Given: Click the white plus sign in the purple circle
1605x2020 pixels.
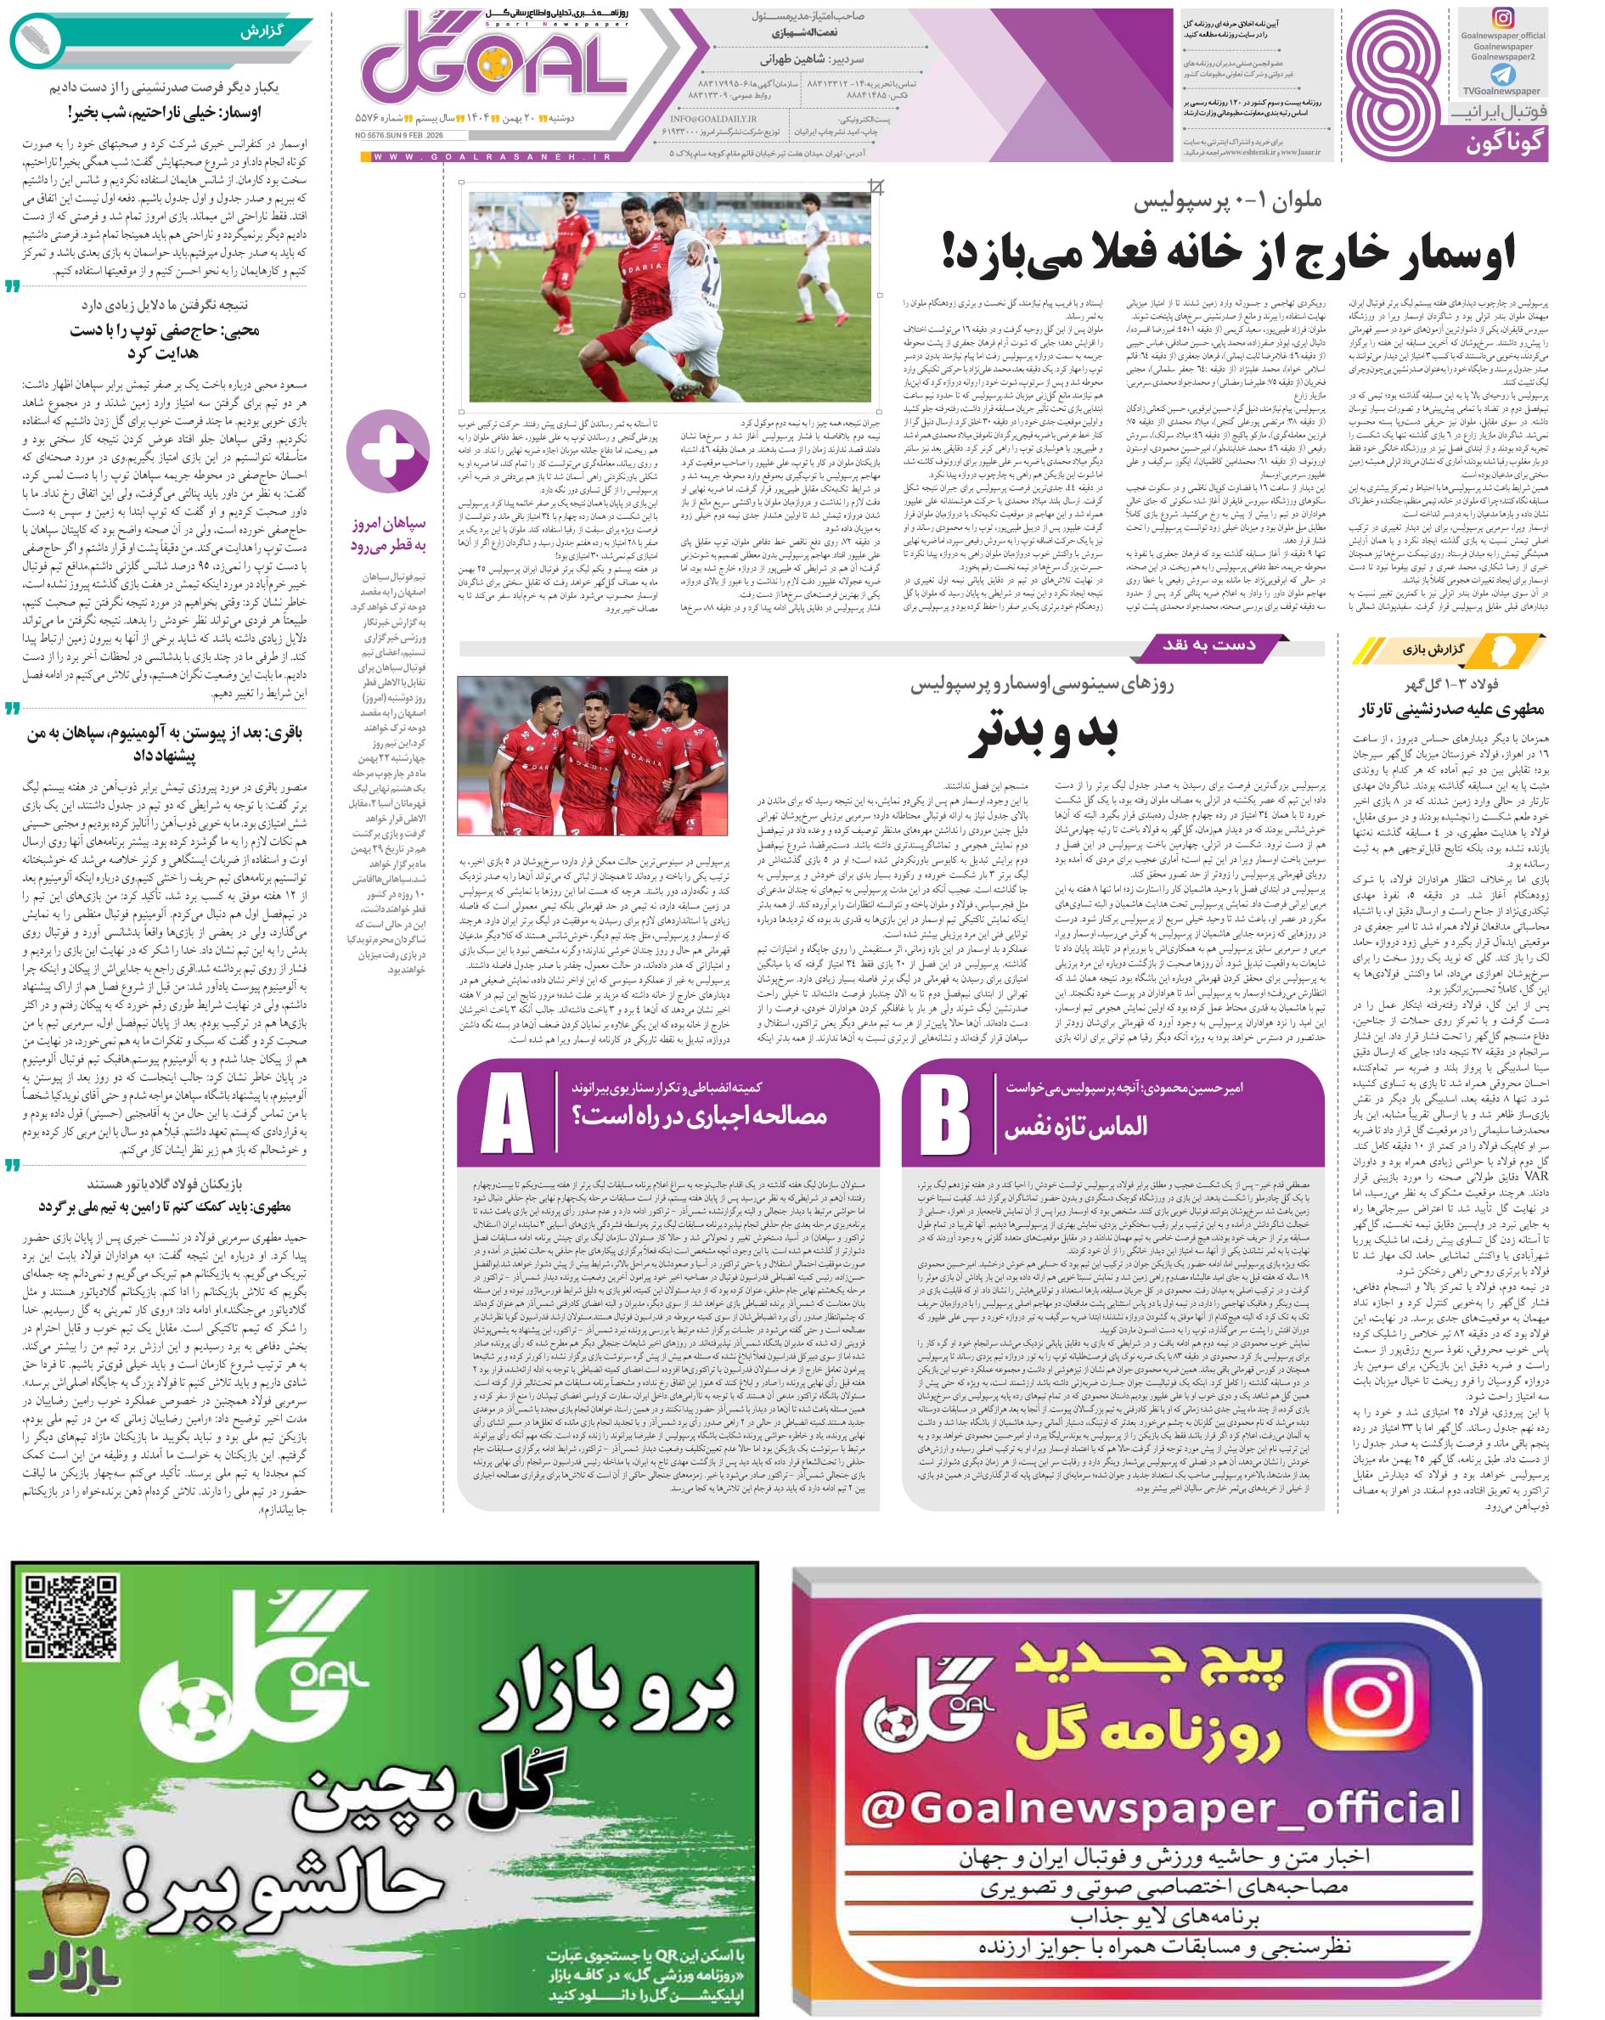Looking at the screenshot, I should (388, 452).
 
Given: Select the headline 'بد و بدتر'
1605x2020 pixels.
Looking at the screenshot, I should (1044, 735).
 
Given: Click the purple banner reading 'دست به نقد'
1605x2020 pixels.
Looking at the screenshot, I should (1209, 645).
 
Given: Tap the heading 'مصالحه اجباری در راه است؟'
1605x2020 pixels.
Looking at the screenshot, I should (699, 1115).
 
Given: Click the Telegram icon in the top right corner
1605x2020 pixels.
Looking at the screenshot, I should (1502, 74).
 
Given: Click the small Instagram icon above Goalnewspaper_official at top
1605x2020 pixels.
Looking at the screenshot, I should (1503, 18).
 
